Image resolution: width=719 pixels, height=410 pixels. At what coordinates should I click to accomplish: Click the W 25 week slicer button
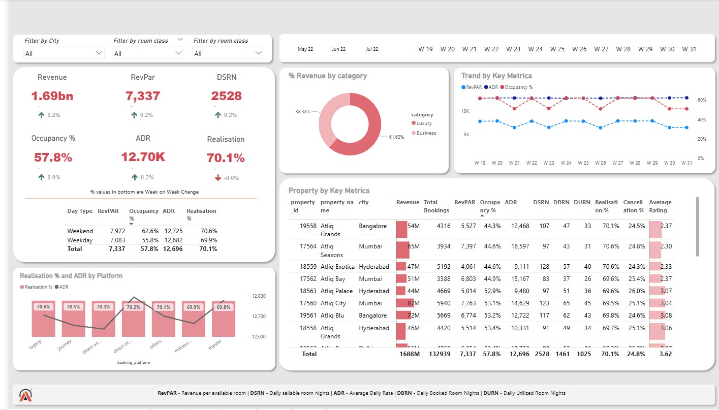coord(557,49)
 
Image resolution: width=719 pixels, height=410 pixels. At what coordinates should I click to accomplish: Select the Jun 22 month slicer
coord(338,49)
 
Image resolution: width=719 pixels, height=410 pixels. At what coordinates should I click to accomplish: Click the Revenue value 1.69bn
coord(52,96)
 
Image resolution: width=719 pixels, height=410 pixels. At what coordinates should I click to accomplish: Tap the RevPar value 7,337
coord(142,96)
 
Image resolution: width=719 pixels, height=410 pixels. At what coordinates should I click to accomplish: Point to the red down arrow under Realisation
coord(217,177)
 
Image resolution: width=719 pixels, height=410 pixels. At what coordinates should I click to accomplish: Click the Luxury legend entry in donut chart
coord(424,123)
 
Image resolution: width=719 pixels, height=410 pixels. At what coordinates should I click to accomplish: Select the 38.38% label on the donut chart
coord(303,111)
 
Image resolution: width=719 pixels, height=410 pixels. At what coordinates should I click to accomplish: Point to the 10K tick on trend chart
coord(464,111)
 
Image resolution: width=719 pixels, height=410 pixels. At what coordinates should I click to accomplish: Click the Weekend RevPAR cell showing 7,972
coord(117,231)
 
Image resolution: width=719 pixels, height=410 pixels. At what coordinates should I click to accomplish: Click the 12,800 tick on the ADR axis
coord(259,296)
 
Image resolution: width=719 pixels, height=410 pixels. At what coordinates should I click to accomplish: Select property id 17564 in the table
coord(308,246)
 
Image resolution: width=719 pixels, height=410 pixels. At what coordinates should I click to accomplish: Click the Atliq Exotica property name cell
coord(337,267)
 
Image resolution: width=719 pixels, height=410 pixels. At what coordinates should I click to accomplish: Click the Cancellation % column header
coord(633,206)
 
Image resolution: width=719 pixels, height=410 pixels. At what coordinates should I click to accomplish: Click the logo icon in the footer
coord(26,395)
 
